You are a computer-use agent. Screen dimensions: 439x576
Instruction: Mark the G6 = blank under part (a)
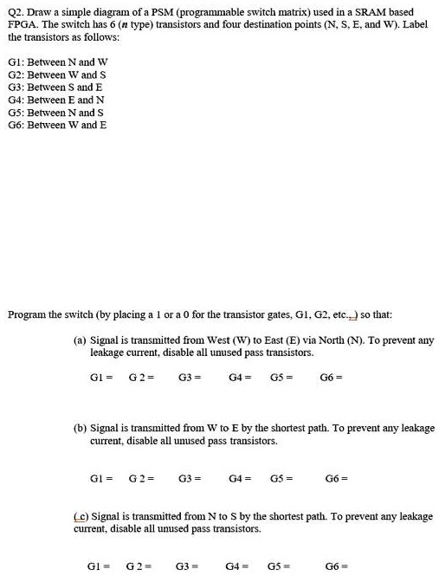point(331,377)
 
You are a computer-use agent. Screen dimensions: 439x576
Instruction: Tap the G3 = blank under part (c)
point(188,566)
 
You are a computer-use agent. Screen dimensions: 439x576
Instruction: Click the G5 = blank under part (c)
point(282,566)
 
